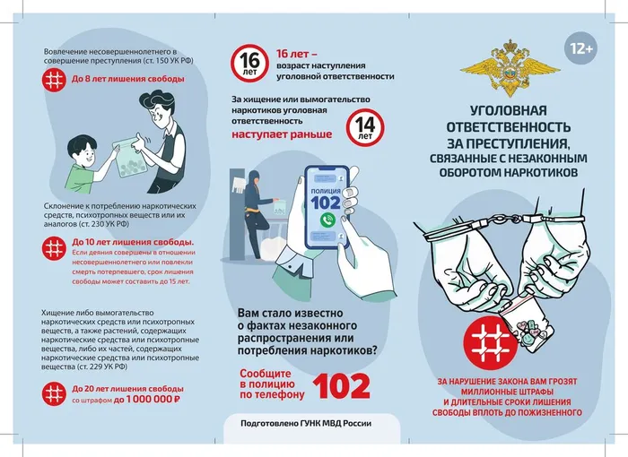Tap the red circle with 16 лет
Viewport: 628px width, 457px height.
coord(250,64)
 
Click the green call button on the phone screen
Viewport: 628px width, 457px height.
coord(328,220)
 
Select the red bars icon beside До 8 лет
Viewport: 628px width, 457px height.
coord(57,80)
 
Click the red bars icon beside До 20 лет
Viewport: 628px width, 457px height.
coord(57,392)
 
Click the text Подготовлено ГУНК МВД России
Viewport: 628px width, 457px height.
coord(306,425)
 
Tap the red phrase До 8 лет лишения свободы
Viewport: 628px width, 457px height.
coord(127,79)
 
